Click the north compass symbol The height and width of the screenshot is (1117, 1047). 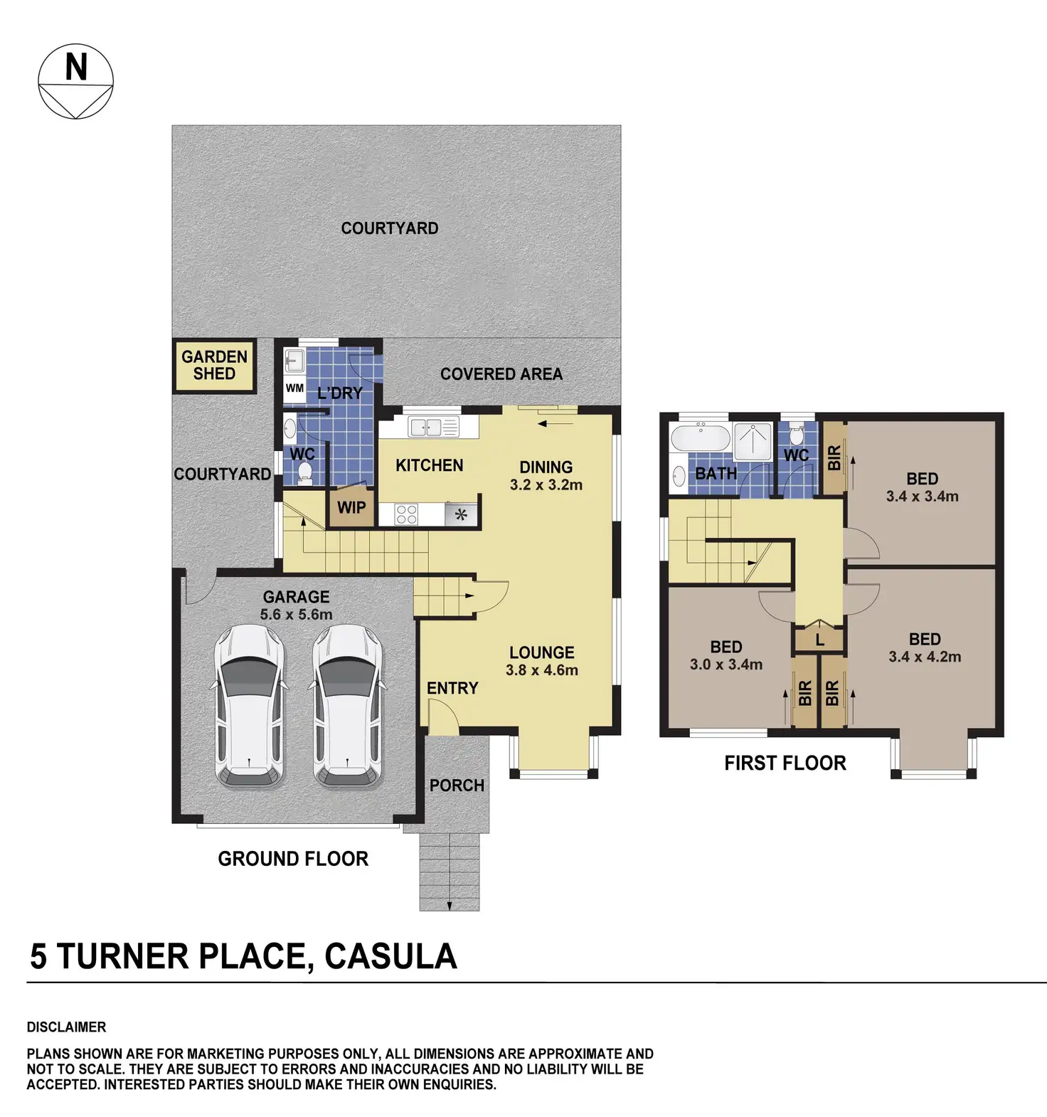point(75,82)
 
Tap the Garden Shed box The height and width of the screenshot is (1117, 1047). point(214,366)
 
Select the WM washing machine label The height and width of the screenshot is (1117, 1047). point(294,388)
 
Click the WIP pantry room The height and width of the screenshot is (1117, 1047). point(351,507)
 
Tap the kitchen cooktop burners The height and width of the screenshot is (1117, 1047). point(406,514)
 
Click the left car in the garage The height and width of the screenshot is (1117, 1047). point(250,705)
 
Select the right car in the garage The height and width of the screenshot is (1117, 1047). point(348,705)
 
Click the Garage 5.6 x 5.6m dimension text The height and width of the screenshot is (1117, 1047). point(296,614)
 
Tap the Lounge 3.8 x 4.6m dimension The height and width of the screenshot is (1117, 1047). point(542,669)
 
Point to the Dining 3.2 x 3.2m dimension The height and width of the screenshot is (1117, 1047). point(546,485)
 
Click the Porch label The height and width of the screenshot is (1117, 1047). point(457,785)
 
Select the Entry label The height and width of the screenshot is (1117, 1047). point(452,688)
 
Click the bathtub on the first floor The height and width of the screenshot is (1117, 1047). point(701,438)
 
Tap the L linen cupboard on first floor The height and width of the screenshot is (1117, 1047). point(819,640)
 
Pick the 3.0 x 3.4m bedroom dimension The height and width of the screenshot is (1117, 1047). point(726,665)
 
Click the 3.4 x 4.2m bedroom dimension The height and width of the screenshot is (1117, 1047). point(925,657)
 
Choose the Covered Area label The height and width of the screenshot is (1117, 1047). point(501,374)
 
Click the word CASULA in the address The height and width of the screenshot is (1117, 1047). point(390,956)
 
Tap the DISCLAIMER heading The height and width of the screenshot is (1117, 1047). point(66,1027)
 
